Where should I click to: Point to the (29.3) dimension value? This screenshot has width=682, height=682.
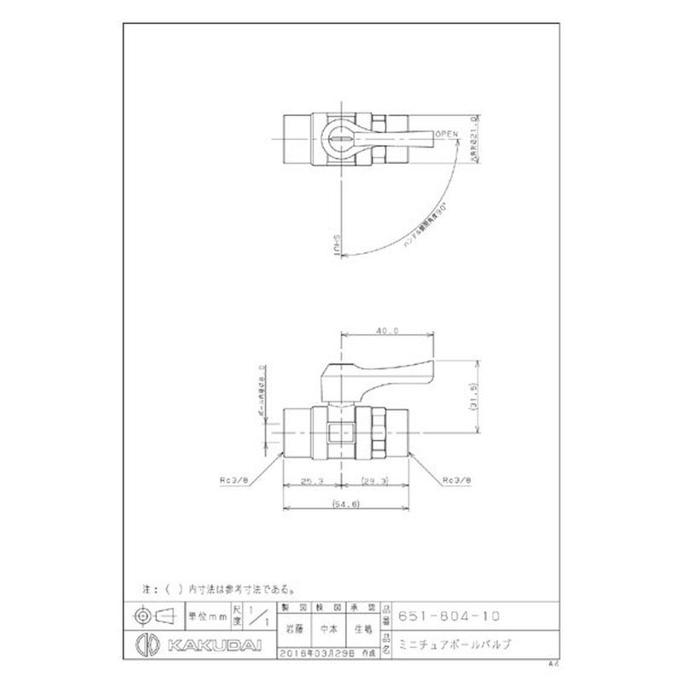point(375,480)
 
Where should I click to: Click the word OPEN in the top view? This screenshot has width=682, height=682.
point(447,133)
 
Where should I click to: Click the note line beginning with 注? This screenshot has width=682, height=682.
point(218,588)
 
